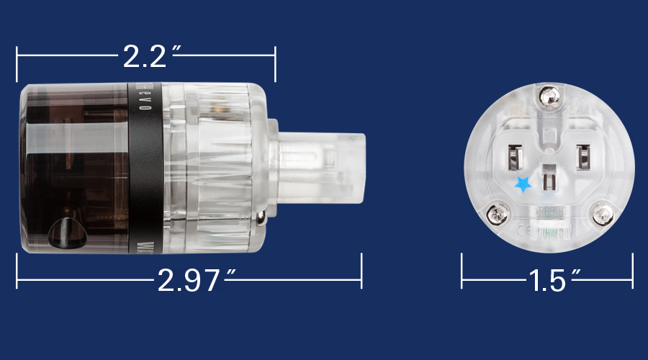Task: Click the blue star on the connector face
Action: pos(523,185)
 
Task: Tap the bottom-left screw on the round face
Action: pos(495,213)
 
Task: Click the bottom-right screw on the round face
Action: pos(602,213)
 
